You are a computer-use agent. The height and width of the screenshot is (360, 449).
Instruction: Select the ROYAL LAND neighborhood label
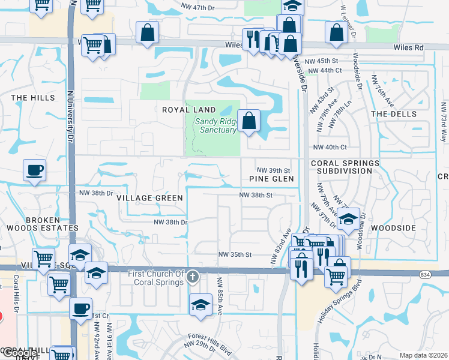[188, 110]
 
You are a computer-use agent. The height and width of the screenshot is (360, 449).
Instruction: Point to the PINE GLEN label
[272, 179]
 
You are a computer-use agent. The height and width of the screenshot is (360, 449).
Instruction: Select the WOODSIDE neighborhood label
[393, 229]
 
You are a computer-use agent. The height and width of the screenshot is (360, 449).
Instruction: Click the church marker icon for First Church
[192, 277]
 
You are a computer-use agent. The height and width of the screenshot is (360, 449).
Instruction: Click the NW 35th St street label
[234, 254]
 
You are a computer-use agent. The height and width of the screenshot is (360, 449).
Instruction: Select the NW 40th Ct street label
[330, 147]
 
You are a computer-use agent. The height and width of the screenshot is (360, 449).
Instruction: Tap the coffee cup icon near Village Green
[34, 170]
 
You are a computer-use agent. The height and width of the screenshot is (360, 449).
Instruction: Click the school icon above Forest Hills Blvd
[200, 305]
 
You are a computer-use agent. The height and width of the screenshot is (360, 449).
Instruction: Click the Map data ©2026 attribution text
[423, 355]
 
